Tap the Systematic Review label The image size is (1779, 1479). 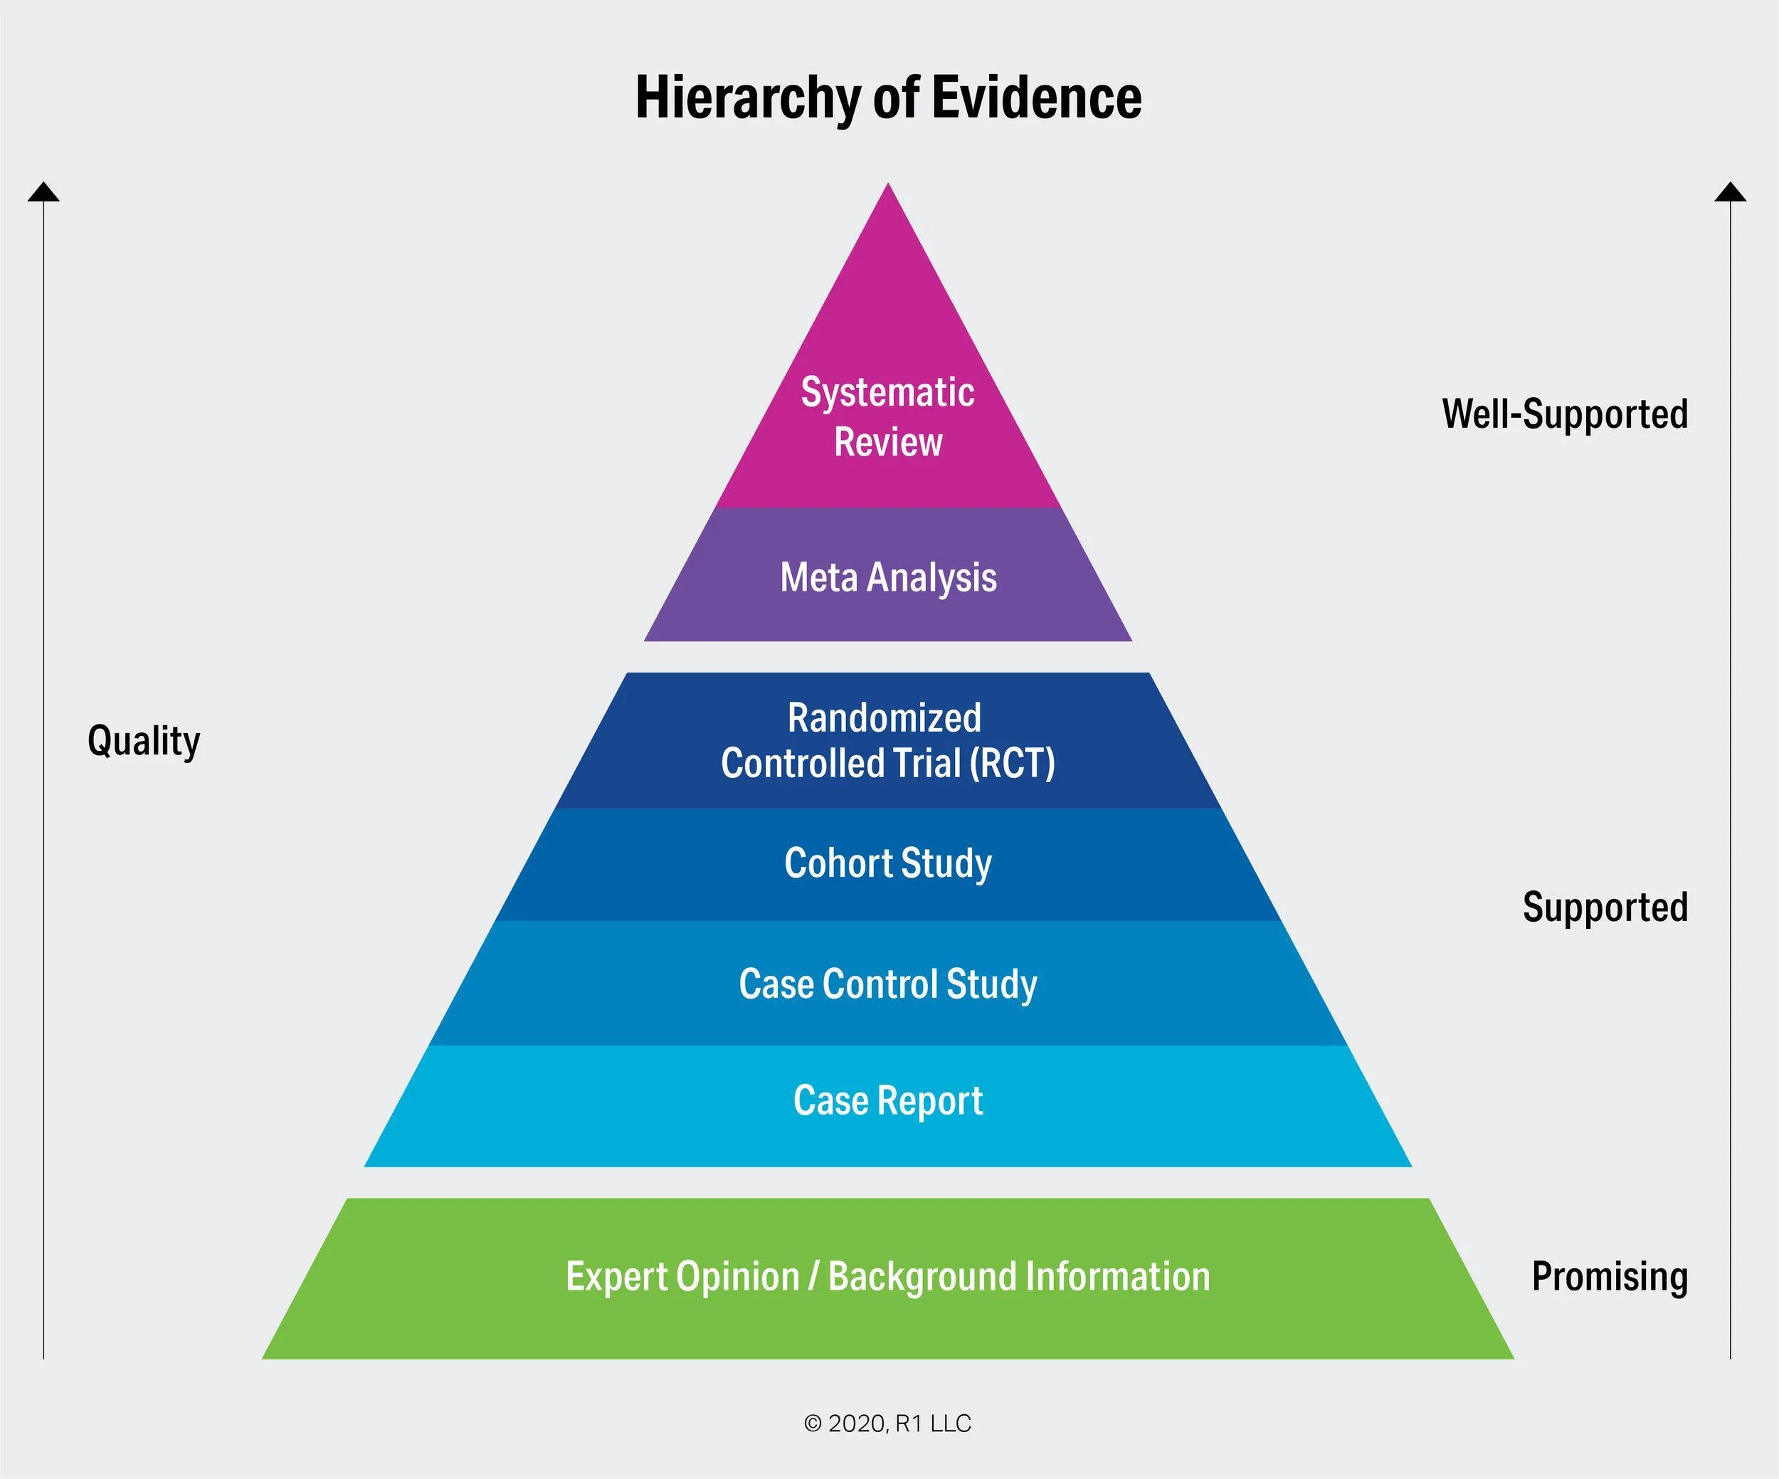tap(888, 417)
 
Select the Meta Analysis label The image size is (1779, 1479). tap(888, 578)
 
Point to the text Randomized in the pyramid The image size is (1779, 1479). tap(885, 717)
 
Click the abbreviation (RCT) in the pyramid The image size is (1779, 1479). tap(1013, 763)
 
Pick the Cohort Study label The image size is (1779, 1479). tap(888, 863)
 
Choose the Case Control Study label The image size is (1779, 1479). tap(888, 984)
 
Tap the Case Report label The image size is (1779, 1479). tap(888, 1100)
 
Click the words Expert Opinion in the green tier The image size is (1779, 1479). tap(683, 1277)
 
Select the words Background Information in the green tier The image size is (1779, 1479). tap(1019, 1277)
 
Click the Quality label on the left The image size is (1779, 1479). tap(144, 741)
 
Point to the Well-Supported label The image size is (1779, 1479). tap(1565, 414)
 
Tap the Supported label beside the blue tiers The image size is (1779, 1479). tap(1605, 907)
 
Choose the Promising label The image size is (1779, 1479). tap(1610, 1277)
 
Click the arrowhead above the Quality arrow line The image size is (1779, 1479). tap(43, 193)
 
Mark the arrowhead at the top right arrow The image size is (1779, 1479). tap(1730, 193)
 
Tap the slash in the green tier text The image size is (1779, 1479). tap(813, 1277)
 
